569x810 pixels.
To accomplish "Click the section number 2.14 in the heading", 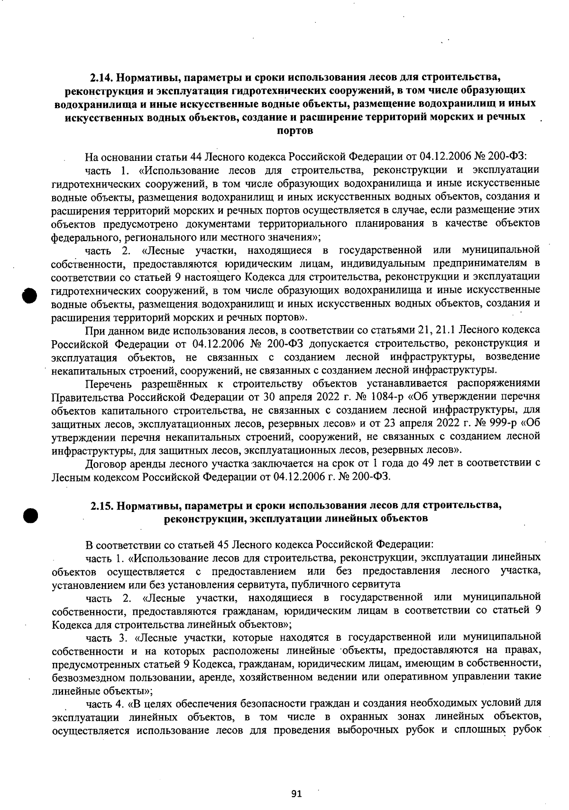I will pyautogui.click(x=101, y=77).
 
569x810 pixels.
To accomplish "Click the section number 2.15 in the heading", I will pyautogui.click(x=101, y=505).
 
